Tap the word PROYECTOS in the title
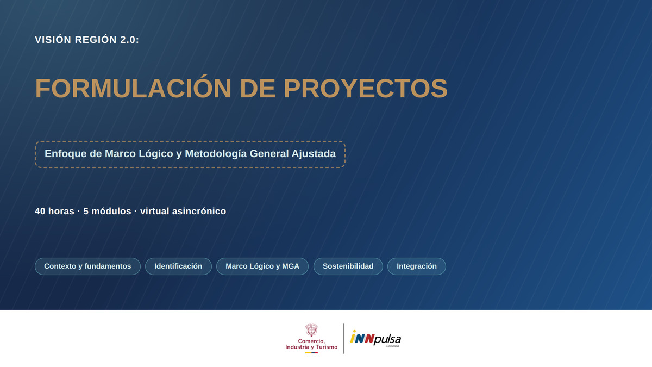pyautogui.click(x=365, y=88)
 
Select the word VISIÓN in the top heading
pyautogui.click(x=53, y=39)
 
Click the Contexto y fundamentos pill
pyautogui.click(x=87, y=266)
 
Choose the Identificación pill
pyautogui.click(x=178, y=266)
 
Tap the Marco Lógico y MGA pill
pyautogui.click(x=262, y=266)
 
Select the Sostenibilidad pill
pyautogui.click(x=348, y=266)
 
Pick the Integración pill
pyautogui.click(x=417, y=266)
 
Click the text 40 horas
pyautogui.click(x=54, y=211)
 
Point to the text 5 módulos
pyautogui.click(x=107, y=211)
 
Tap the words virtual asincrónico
pyautogui.click(x=183, y=211)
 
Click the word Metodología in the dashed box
pyautogui.click(x=216, y=154)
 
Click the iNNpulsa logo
pyautogui.click(x=375, y=338)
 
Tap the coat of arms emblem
pyautogui.click(x=311, y=329)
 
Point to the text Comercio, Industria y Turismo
pyautogui.click(x=311, y=344)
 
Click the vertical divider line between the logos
pyautogui.click(x=343, y=338)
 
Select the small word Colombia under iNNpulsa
pyautogui.click(x=393, y=346)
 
